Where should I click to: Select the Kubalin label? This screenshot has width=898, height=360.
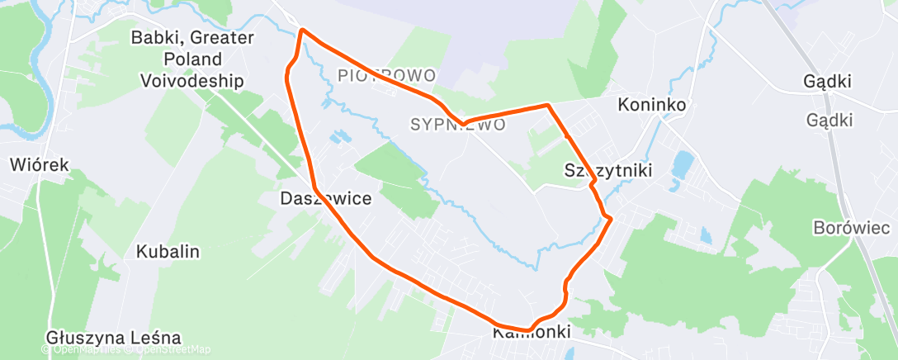click(168, 252)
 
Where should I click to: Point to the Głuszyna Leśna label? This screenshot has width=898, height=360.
click(113, 338)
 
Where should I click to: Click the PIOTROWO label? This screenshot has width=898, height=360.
click(386, 76)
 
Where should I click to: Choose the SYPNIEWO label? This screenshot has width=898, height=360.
click(457, 125)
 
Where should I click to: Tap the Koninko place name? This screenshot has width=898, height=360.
click(653, 105)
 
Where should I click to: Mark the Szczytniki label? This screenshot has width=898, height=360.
click(608, 171)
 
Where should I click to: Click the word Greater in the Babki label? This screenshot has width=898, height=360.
click(220, 38)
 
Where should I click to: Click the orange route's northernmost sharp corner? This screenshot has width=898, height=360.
click(302, 31)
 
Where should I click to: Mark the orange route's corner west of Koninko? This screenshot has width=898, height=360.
click(547, 106)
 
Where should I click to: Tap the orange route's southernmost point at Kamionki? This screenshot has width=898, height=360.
click(526, 330)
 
